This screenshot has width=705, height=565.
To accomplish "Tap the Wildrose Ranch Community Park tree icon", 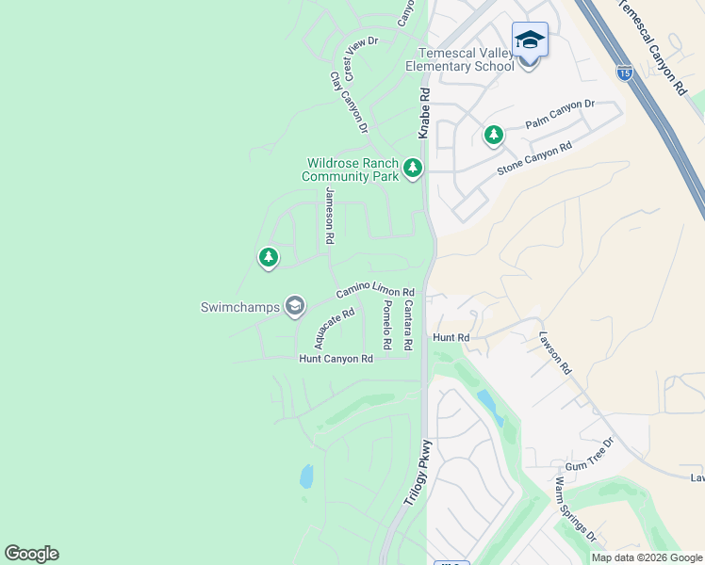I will point(412,169).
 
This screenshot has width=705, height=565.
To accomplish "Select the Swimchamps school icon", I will point(295,305).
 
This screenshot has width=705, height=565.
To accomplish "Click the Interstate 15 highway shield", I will point(624,72).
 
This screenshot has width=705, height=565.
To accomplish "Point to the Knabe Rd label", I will point(424,114).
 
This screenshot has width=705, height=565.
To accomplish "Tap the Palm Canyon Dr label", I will point(561,116).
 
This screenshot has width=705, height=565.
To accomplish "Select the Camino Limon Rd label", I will point(375,293).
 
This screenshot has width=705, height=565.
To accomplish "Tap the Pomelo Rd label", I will point(386,327).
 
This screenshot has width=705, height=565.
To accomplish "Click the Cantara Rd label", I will point(407,326).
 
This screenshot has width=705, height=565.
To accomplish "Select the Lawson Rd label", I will point(555,352).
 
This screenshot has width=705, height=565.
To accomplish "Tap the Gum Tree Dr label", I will point(589,454).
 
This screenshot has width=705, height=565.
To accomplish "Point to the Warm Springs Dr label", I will point(575,509).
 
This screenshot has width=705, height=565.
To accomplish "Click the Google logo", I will point(31,554).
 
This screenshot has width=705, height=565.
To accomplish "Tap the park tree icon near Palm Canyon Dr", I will point(493,136).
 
